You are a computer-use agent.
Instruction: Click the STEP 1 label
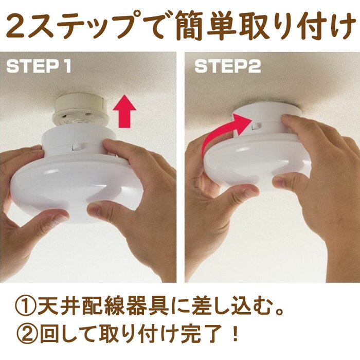tap(39, 67)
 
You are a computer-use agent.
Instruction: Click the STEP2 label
tap(227, 66)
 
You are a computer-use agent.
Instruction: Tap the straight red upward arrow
tap(124, 111)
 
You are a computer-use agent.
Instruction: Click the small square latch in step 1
tap(77, 148)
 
